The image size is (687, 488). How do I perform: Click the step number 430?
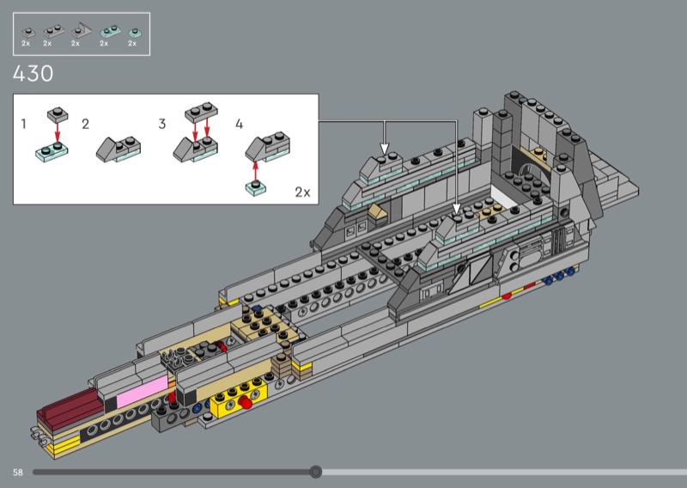tap(33, 73)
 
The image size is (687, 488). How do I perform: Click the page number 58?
tap(17, 473)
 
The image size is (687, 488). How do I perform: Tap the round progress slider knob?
tap(315, 472)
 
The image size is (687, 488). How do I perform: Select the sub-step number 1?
tap(24, 124)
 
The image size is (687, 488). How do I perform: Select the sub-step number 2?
tap(85, 124)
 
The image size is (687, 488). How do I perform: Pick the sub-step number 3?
tap(162, 124)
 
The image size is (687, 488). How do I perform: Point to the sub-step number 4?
tap(240, 124)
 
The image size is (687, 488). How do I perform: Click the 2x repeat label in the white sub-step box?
tap(302, 192)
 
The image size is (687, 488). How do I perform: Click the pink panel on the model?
tap(143, 390)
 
